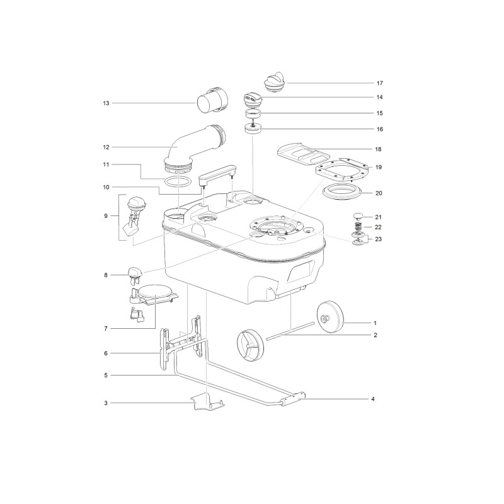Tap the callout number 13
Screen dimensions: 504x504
(x=106, y=102)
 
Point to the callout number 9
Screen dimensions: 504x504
(x=106, y=215)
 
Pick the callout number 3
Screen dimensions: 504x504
(x=106, y=402)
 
